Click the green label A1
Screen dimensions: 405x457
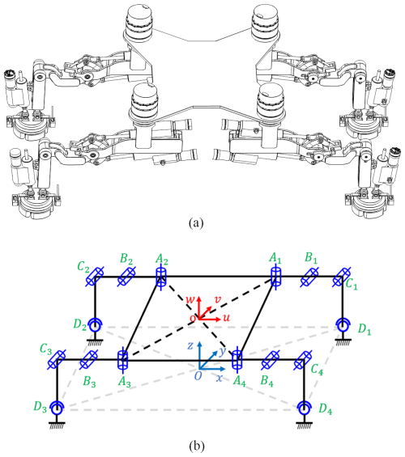(275, 258)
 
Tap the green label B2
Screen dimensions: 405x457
(126, 258)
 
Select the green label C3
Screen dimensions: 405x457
(46, 349)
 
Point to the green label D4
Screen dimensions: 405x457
(325, 409)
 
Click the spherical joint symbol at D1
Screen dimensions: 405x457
(343, 325)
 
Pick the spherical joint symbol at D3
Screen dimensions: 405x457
(57, 408)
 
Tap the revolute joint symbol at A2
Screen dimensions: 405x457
(160, 276)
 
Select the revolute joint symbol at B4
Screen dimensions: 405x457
(271, 361)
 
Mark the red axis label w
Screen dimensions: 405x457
(190, 299)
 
